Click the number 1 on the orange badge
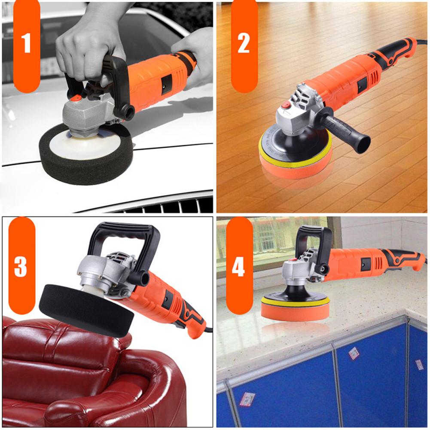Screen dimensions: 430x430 coord(27,44)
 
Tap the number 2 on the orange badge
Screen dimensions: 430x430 coord(244,44)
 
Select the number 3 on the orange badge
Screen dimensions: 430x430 coord(20,266)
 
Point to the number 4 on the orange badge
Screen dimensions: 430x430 coord(238,266)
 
